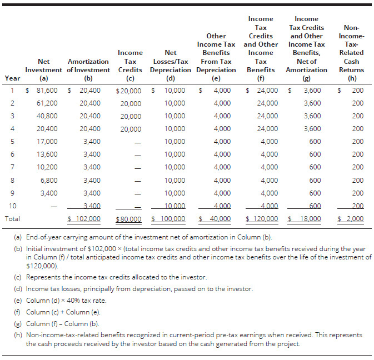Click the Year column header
(x=12, y=78)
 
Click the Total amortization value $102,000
(x=86, y=219)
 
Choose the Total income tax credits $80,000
(x=129, y=219)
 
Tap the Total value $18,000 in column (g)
(x=307, y=219)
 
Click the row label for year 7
(x=11, y=167)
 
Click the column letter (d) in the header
(x=171, y=78)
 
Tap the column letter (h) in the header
(x=352, y=78)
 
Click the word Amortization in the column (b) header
(x=88, y=62)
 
